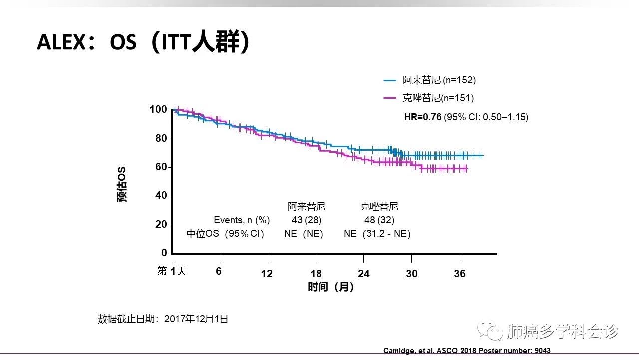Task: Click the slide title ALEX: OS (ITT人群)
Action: [143, 43]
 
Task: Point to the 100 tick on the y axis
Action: [158, 109]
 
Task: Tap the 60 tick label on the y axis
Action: [160, 167]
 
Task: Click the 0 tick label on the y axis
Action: [164, 253]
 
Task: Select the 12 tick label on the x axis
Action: [267, 274]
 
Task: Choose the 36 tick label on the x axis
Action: [459, 274]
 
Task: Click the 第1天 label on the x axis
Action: [172, 271]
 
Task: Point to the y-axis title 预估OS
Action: [122, 184]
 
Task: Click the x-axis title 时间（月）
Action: [331, 287]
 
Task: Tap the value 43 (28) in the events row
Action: [307, 220]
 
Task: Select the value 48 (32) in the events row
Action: [380, 220]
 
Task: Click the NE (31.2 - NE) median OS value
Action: [377, 234]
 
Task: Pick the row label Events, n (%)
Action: [242, 220]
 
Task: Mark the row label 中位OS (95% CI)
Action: [225, 234]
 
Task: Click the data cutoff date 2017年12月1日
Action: [196, 319]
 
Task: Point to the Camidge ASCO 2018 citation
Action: [467, 351]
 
